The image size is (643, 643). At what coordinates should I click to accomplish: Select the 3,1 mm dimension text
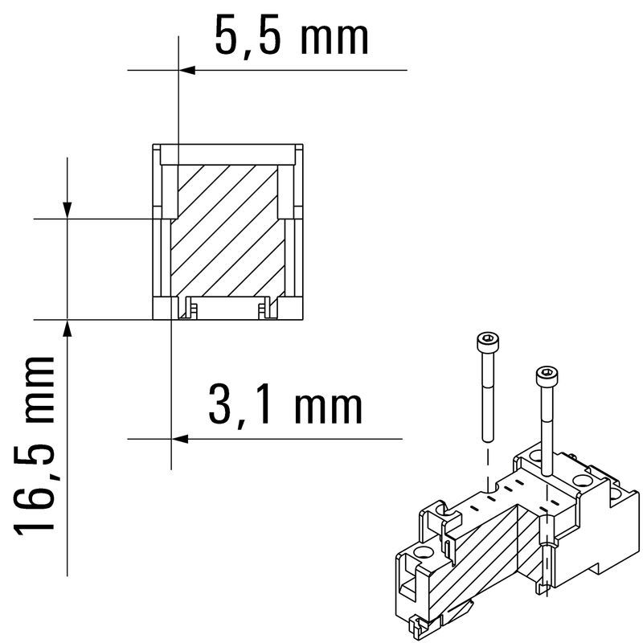pos(285,406)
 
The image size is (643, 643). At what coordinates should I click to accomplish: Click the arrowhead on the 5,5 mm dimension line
pos(187,70)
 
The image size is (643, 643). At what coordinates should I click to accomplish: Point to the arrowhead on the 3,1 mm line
pos(179,439)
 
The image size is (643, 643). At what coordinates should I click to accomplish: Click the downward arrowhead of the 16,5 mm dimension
pos(68,211)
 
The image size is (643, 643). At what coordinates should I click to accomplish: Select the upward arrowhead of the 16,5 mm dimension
pos(68,328)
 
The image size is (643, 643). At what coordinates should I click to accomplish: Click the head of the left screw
pos(488,340)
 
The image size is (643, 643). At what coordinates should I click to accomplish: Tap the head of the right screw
pos(547,375)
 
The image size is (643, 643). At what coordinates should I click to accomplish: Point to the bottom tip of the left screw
pos(488,440)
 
